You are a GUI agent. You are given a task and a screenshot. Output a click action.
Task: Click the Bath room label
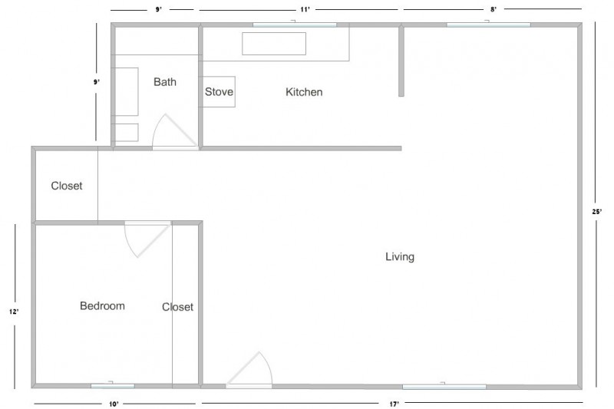(165, 82)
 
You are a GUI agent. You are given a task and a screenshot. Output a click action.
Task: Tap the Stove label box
(219, 92)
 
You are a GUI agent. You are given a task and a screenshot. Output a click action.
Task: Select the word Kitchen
(304, 92)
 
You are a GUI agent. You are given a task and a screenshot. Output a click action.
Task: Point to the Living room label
(400, 257)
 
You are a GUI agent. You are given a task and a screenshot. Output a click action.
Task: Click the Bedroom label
(102, 306)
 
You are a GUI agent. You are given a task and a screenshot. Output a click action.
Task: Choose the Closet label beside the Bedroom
(177, 307)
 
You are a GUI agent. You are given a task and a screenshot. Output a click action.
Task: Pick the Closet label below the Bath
(67, 186)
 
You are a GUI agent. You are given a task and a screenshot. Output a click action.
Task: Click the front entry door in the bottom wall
(249, 371)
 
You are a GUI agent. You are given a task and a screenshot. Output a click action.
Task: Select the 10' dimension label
(113, 403)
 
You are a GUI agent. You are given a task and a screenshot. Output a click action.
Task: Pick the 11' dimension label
(305, 9)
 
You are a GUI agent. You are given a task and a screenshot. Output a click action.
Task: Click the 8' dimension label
(494, 9)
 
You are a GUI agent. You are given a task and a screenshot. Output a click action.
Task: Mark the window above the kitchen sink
(295, 25)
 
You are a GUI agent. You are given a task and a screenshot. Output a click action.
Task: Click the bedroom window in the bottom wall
(112, 385)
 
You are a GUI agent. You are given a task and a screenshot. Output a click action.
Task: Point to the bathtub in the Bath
(126, 91)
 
